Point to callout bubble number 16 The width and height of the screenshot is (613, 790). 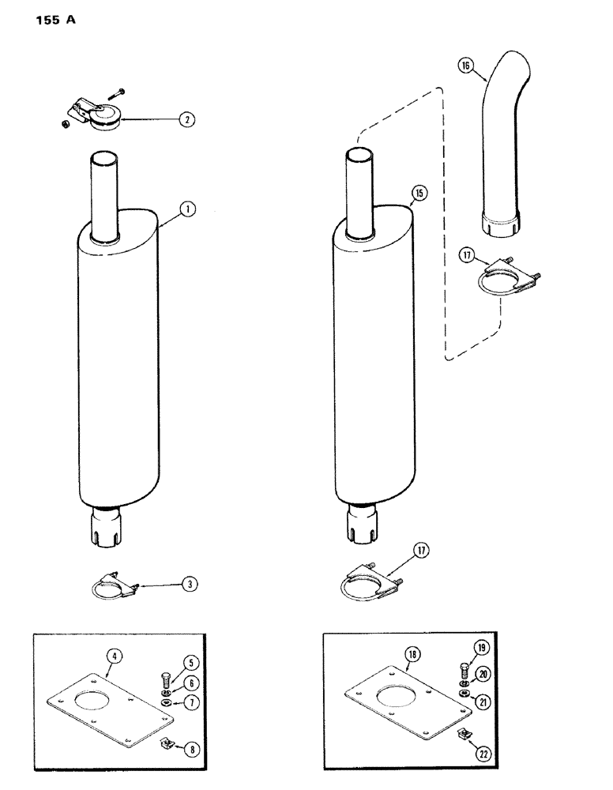tap(464, 67)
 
